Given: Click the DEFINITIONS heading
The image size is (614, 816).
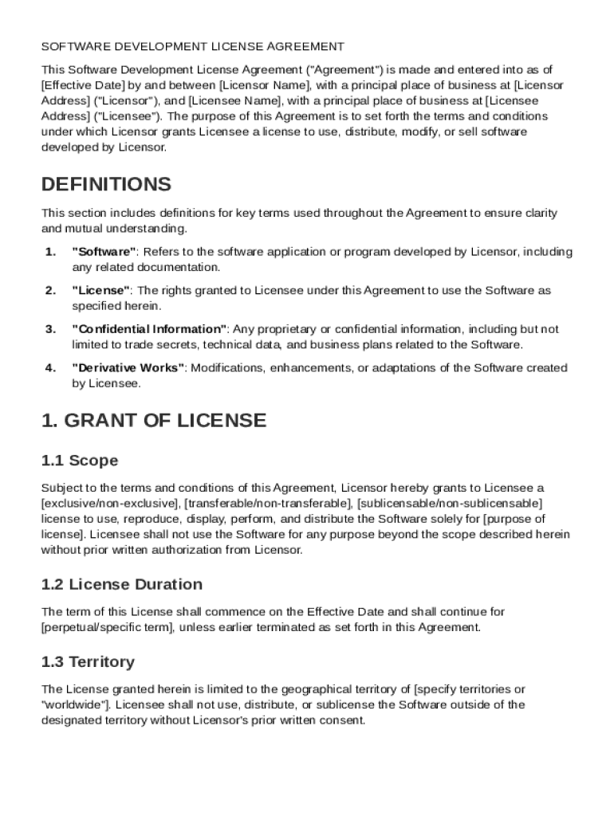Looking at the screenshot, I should click(x=106, y=185).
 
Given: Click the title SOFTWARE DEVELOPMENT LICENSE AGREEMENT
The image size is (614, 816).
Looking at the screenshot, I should click(x=193, y=47).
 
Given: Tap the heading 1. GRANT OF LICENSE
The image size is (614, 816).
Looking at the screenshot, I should click(x=154, y=420).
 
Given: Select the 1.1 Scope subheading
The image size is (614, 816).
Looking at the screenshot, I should click(x=80, y=461).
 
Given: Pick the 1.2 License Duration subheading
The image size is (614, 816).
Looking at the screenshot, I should click(x=121, y=584).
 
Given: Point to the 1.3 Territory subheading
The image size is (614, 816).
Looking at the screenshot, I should click(x=88, y=661).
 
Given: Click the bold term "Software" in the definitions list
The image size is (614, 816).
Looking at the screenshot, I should click(x=104, y=252).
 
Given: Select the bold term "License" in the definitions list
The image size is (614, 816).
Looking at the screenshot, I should click(x=100, y=291).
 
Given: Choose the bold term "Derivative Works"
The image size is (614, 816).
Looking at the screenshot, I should click(x=128, y=368).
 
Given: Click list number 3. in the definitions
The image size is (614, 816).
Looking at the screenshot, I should click(x=50, y=329).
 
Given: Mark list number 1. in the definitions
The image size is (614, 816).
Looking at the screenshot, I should click(x=50, y=252).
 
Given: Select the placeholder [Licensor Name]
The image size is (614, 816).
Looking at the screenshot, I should click(x=264, y=85).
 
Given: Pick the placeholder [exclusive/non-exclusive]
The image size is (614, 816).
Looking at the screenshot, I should click(x=111, y=504).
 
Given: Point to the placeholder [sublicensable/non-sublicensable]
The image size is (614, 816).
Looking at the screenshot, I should click(x=450, y=504).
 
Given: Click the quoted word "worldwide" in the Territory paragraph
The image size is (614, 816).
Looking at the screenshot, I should click(x=70, y=704).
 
